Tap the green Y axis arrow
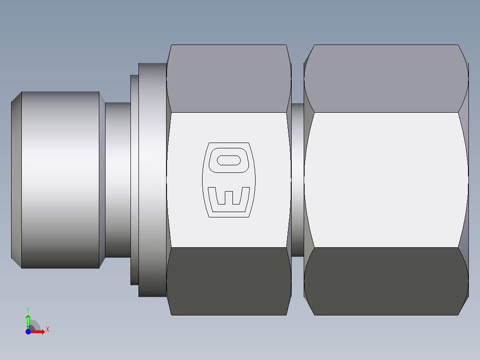click(28, 319)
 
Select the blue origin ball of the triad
click(28, 331)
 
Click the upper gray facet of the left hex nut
click(228, 78)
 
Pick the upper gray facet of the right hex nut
click(386, 78)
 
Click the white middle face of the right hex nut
click(386, 180)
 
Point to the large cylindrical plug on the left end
click(60, 180)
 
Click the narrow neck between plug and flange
click(118, 180)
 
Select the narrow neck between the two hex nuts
click(297, 180)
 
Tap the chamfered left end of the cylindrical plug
click(16, 180)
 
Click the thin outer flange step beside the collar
click(134, 180)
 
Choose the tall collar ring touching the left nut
click(152, 180)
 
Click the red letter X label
click(47, 330)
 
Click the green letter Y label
click(28, 309)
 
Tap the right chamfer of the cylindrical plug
click(102, 180)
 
